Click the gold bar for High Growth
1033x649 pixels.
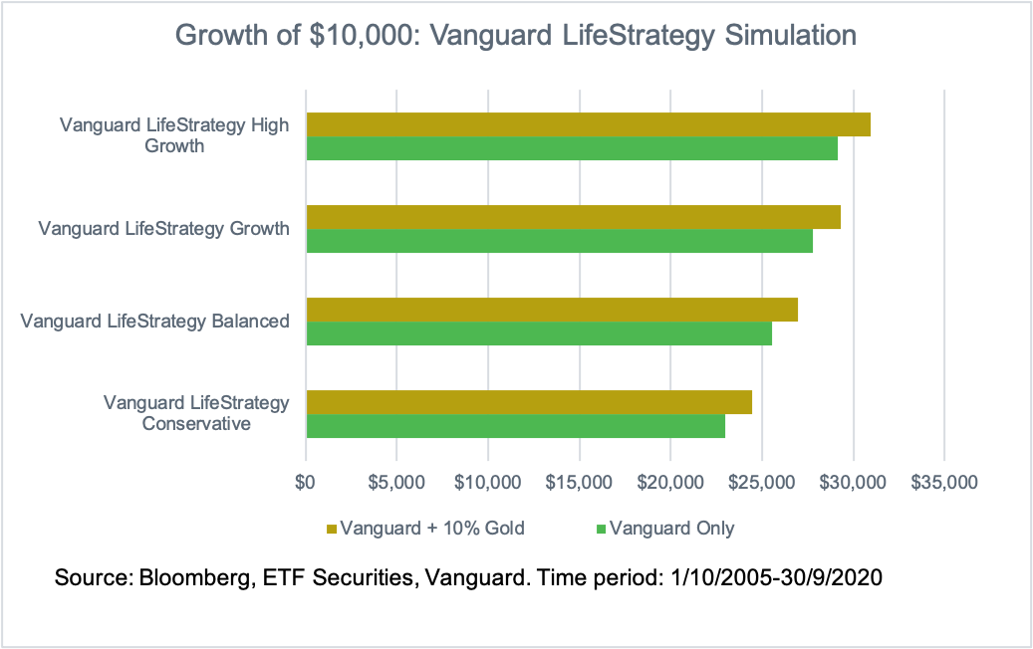click(x=588, y=124)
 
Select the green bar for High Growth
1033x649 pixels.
click(x=572, y=148)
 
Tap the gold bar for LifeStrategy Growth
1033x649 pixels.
click(x=573, y=217)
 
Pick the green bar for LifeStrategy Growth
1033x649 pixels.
click(x=559, y=241)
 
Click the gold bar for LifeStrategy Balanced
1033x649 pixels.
click(x=552, y=310)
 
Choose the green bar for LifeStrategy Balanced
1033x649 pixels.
click(x=539, y=333)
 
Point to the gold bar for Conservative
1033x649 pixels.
click(x=529, y=402)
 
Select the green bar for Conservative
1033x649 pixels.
click(x=515, y=426)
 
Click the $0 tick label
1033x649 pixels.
click(x=306, y=483)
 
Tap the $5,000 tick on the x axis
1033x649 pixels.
click(x=396, y=483)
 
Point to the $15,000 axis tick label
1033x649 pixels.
click(x=580, y=483)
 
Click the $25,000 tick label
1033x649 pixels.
click(x=762, y=483)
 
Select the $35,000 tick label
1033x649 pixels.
click(x=944, y=483)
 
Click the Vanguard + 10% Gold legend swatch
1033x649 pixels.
click(x=332, y=529)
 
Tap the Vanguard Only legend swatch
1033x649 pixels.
click(x=601, y=529)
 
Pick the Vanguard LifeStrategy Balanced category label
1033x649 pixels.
click(x=155, y=321)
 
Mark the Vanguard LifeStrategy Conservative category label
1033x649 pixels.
click(x=196, y=413)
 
